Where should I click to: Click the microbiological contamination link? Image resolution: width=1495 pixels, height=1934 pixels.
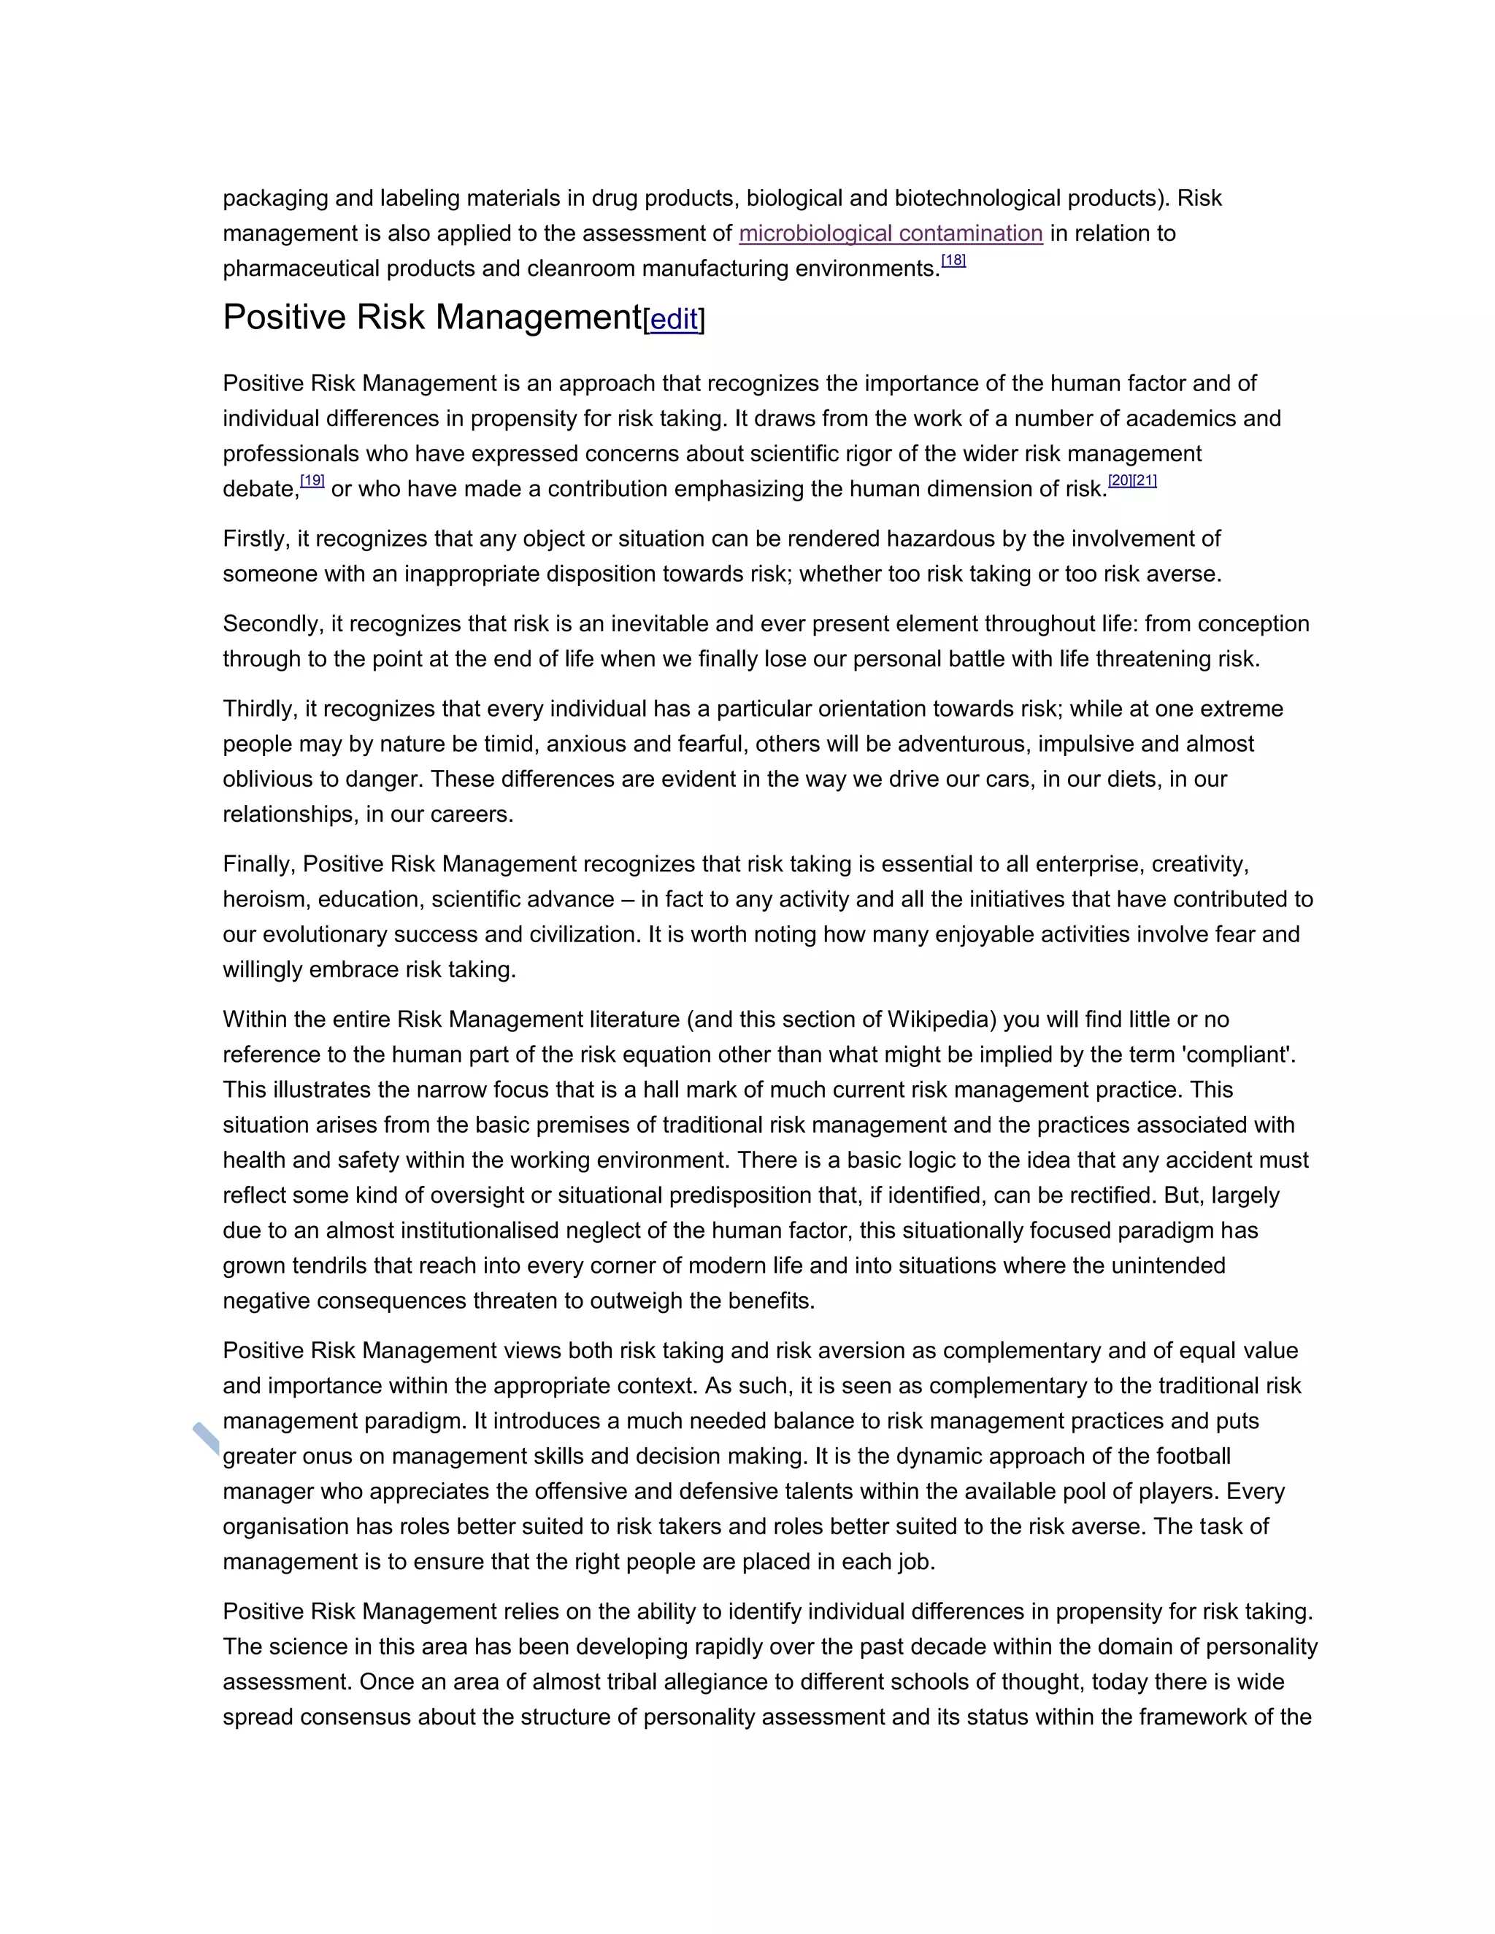(x=890, y=234)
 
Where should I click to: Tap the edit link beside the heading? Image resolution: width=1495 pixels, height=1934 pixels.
(x=674, y=320)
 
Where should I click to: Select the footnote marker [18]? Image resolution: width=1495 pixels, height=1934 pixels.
(x=953, y=261)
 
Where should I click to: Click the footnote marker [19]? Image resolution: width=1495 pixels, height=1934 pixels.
(x=312, y=481)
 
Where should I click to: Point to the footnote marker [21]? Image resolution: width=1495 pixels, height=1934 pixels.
(x=1145, y=481)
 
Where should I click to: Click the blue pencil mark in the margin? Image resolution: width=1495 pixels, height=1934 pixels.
(x=205, y=1438)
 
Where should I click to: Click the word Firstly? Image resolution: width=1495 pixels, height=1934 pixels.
(x=255, y=539)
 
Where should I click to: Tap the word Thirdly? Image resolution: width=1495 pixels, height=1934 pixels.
(x=261, y=709)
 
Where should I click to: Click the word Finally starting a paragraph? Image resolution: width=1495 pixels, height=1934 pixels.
(x=259, y=864)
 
